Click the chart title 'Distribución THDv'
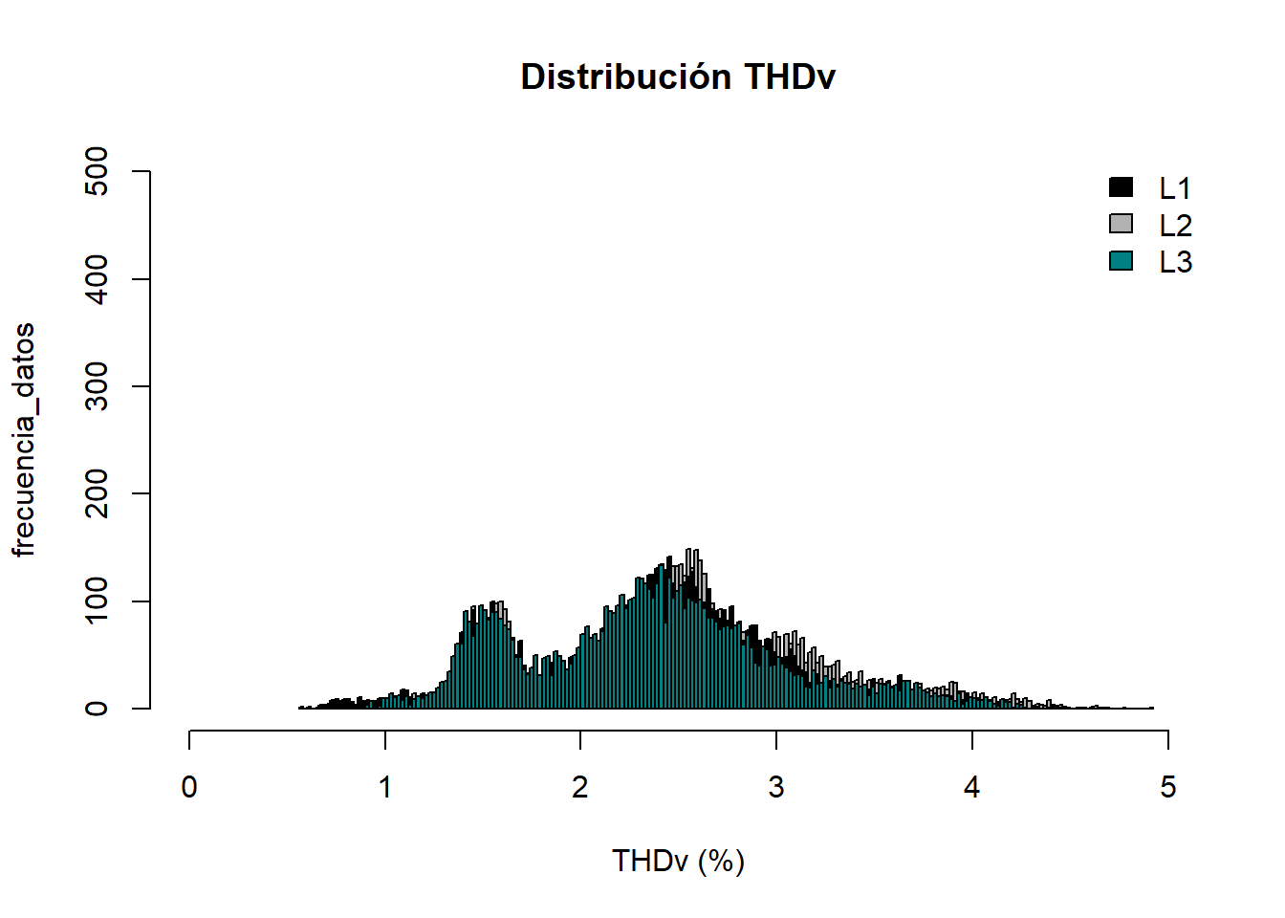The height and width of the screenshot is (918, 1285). (x=678, y=77)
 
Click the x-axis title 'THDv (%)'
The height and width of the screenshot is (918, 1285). (x=678, y=861)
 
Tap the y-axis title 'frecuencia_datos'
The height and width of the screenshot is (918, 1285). (x=24, y=440)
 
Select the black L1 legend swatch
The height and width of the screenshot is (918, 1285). (x=1121, y=187)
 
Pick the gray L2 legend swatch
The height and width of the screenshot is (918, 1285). (x=1121, y=224)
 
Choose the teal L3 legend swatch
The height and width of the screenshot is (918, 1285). (x=1121, y=260)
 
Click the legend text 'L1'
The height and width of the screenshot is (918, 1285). (x=1175, y=188)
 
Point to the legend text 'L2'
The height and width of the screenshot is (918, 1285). (x=1175, y=226)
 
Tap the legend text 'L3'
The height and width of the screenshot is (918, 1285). (x=1175, y=262)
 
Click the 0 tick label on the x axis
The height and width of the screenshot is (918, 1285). (x=189, y=787)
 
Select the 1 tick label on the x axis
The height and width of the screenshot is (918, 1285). (x=385, y=787)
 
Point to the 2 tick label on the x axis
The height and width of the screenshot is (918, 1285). (x=580, y=787)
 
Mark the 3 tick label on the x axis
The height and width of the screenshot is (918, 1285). (x=776, y=787)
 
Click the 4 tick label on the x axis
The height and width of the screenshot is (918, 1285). (x=972, y=787)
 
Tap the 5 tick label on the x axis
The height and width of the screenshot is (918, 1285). (x=1167, y=787)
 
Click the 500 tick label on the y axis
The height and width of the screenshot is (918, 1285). (x=97, y=171)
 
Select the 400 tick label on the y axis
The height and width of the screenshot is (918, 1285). (x=97, y=279)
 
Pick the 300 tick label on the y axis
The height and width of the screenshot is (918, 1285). (x=97, y=386)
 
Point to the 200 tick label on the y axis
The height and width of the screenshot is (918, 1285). (x=97, y=493)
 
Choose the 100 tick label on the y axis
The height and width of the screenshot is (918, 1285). (x=97, y=601)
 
